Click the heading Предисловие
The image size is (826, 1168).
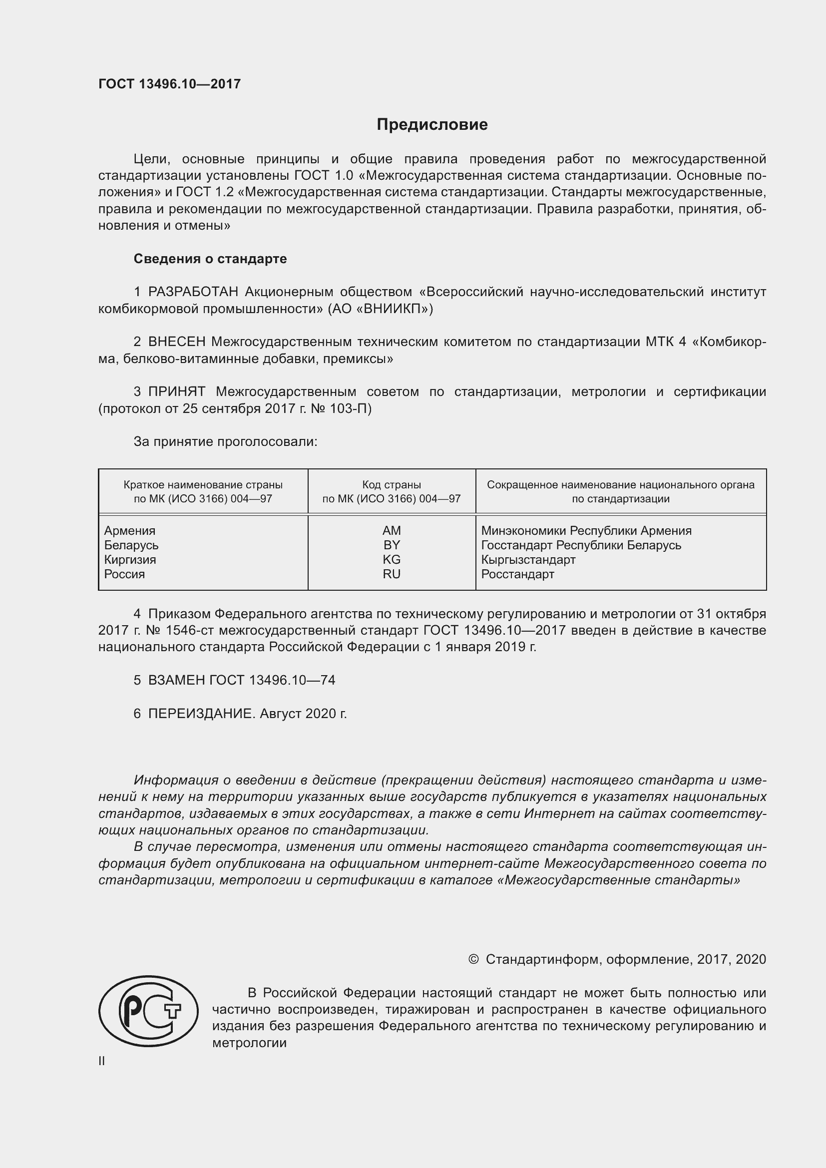click(x=432, y=125)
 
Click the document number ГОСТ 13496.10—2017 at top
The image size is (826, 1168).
click(x=169, y=84)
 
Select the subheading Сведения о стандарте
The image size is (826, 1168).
click(x=210, y=259)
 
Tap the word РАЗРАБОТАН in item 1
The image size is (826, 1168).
click(x=193, y=292)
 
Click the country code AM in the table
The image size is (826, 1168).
click(x=392, y=531)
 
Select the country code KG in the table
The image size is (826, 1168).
click(x=392, y=560)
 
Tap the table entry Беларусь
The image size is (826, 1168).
click(x=131, y=545)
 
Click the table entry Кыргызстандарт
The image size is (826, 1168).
click(x=528, y=560)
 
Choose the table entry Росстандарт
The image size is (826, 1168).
click(x=517, y=574)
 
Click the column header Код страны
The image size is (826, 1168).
click(x=392, y=485)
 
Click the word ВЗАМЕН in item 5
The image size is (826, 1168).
click(x=176, y=680)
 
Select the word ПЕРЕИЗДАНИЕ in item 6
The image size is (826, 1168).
click(x=200, y=714)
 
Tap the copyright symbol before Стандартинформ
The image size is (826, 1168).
click(x=473, y=959)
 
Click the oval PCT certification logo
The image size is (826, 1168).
click(x=148, y=1011)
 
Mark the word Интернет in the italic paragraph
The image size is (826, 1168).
click(x=558, y=813)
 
